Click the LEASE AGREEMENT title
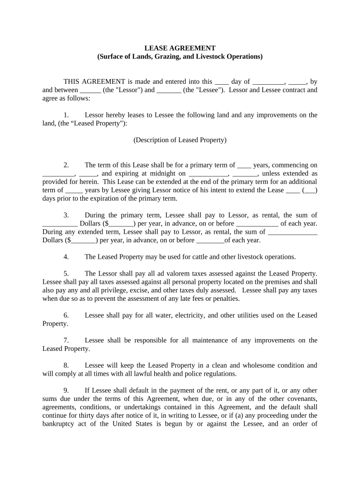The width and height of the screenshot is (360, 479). [x=180, y=48]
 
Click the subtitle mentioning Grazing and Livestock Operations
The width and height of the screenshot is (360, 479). [x=180, y=57]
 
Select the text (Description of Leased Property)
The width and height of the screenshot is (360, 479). [x=180, y=140]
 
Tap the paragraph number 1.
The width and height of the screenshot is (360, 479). [x=66, y=115]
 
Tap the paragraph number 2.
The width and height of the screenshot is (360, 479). [x=66, y=165]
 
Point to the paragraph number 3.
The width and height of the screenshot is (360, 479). [x=66, y=215]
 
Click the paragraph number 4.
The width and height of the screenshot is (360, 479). [x=66, y=257]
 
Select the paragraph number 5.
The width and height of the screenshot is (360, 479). [x=66, y=274]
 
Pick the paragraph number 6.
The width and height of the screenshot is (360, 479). [x=66, y=315]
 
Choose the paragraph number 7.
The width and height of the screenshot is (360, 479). [x=66, y=341]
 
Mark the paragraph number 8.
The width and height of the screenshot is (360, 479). [x=66, y=365]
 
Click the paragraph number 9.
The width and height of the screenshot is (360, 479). [x=66, y=391]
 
